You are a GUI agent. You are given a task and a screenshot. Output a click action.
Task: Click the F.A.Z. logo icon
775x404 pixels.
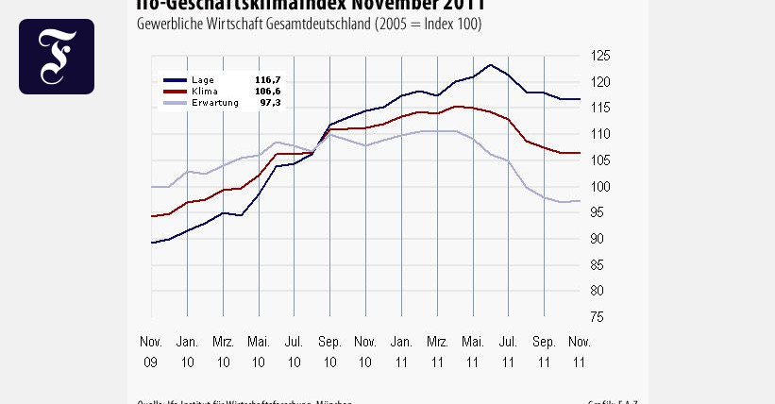57,57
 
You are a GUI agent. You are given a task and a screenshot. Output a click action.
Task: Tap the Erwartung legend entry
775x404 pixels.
213,102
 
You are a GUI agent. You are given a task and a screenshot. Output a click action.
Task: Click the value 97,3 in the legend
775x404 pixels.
271,102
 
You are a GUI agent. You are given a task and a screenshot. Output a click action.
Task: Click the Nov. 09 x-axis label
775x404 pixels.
151,350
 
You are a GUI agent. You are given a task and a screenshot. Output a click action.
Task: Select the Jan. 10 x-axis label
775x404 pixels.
187,350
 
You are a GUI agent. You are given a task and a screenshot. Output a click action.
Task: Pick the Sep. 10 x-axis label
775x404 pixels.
329,350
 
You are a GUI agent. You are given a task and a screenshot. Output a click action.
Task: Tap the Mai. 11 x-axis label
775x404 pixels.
472,350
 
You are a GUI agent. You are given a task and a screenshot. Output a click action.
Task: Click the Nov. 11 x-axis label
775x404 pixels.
579,350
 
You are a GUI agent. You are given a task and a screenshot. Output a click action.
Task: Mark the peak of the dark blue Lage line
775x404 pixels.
490,65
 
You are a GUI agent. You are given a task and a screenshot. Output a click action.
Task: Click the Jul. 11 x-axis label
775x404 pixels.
508,350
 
